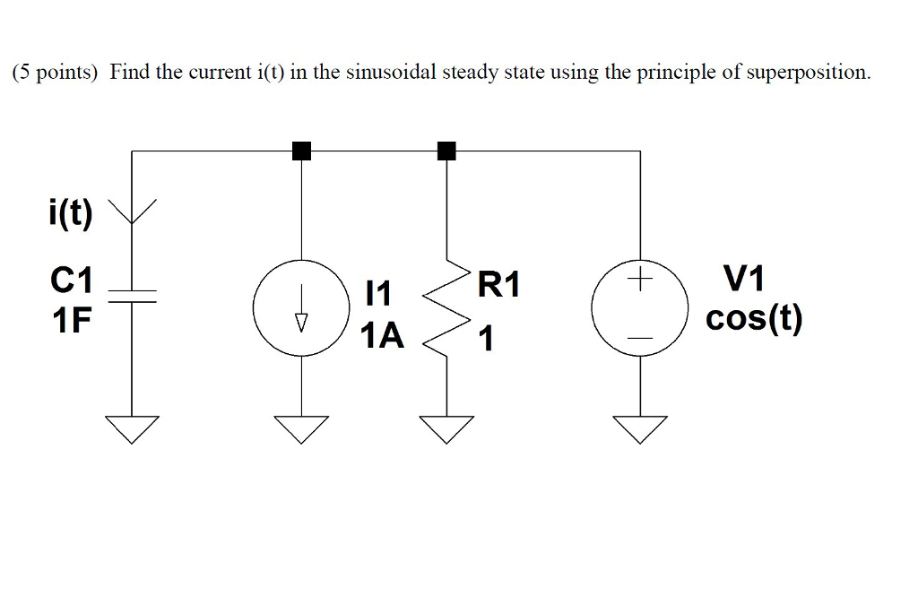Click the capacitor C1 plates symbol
pyautogui.click(x=132, y=297)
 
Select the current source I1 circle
pyautogui.click(x=300, y=310)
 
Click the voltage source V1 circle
pyautogui.click(x=639, y=310)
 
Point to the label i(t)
pyautogui.click(x=69, y=216)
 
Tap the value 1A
pyautogui.click(x=381, y=337)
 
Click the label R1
pyautogui.click(x=498, y=286)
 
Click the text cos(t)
pyautogui.click(x=754, y=319)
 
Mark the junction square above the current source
pyautogui.click(x=302, y=151)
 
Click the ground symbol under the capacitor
pyautogui.click(x=132, y=429)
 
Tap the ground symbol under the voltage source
pyautogui.click(x=640, y=429)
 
